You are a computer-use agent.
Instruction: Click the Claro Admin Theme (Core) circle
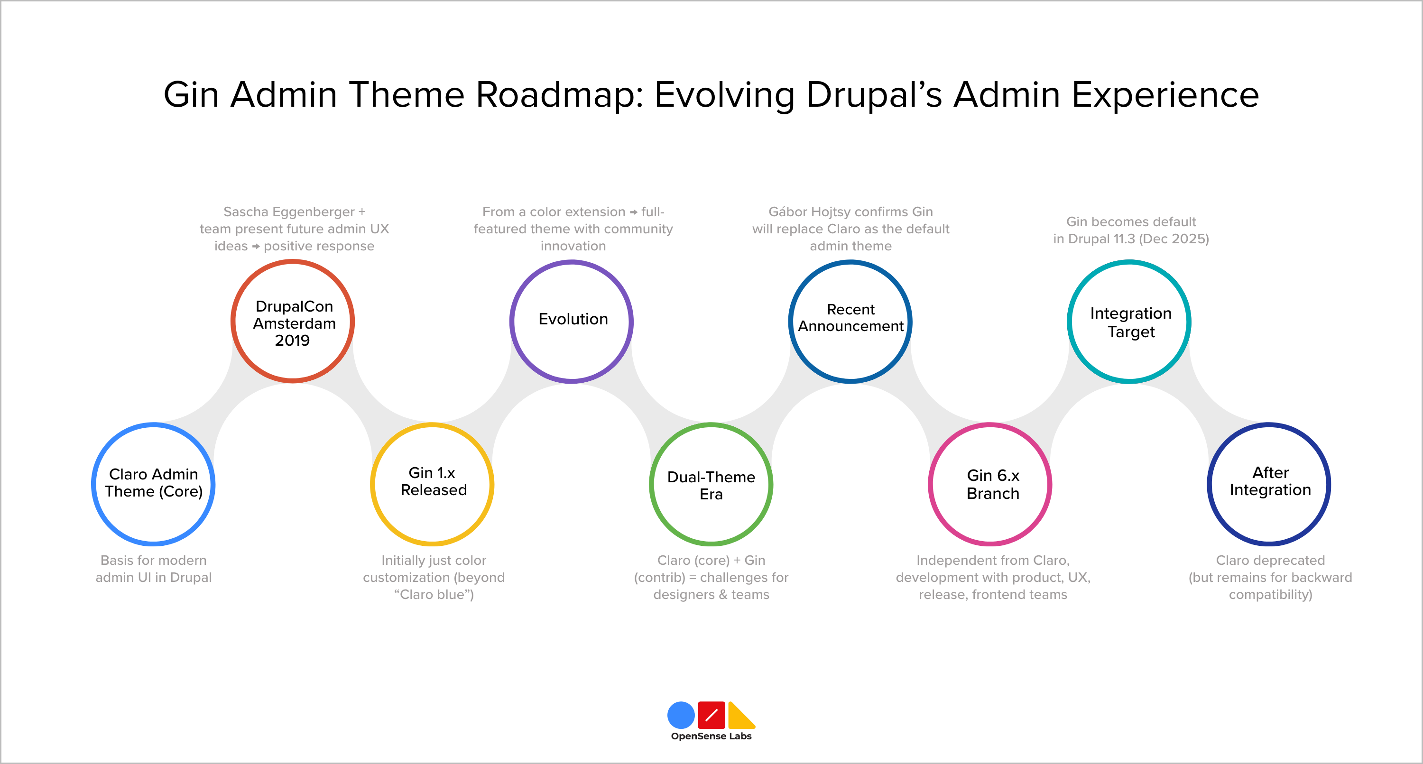(x=154, y=484)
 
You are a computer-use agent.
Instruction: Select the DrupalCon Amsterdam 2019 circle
(x=293, y=322)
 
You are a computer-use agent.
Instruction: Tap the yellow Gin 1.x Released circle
(x=432, y=484)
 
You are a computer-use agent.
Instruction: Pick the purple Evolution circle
(x=572, y=322)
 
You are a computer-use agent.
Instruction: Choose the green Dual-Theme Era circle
(x=711, y=484)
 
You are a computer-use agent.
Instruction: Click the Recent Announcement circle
(x=850, y=322)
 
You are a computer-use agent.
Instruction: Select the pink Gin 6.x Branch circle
(x=990, y=484)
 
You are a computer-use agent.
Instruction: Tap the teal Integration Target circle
(x=1130, y=322)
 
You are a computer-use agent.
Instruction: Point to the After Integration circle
(x=1269, y=484)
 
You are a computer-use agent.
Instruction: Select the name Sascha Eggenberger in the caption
(x=289, y=212)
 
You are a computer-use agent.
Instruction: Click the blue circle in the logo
(x=681, y=715)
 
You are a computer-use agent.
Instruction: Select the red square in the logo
(x=711, y=715)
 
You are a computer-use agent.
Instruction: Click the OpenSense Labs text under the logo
(x=711, y=736)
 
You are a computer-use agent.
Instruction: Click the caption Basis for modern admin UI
(x=154, y=569)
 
